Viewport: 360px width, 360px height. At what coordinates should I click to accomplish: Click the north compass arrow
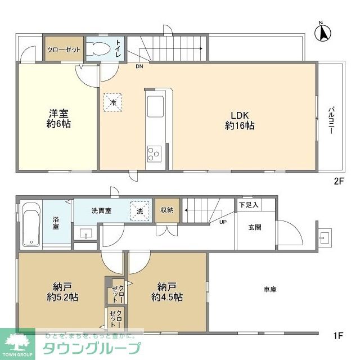pos(324,32)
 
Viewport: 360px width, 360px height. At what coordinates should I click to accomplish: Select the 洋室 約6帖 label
pos(58,118)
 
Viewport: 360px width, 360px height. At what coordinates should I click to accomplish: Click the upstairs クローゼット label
pos(64,49)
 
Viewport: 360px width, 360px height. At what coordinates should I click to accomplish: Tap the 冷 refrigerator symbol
pos(113,102)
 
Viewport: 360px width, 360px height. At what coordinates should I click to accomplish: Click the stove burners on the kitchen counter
pos(154,152)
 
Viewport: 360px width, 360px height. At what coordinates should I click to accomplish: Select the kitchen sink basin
pos(154,106)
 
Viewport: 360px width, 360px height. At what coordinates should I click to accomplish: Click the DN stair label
pos(139,66)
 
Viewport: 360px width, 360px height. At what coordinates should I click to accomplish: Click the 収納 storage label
pos(167,210)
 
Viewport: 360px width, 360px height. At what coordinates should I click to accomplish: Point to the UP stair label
pos(223,222)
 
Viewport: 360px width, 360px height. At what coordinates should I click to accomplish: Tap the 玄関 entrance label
pos(253,228)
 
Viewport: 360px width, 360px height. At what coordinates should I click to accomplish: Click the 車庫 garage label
pos(269,289)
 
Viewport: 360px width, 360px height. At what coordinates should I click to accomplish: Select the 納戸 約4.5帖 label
pos(166,291)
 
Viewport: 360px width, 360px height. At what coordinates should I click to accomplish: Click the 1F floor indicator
pos(338,336)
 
